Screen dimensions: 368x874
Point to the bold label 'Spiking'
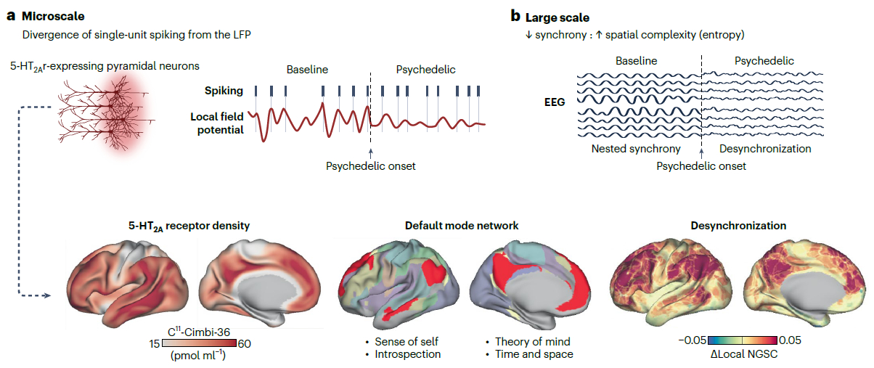(223, 91)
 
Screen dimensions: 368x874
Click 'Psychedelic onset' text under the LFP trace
(370, 166)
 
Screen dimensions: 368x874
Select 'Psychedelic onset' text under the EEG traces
(701, 166)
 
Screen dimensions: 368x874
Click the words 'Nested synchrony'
(635, 149)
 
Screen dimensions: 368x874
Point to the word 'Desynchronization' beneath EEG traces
(764, 149)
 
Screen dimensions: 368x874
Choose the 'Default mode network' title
(461, 226)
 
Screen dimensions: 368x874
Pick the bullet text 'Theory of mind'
(532, 341)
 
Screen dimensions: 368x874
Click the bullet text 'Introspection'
(407, 354)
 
